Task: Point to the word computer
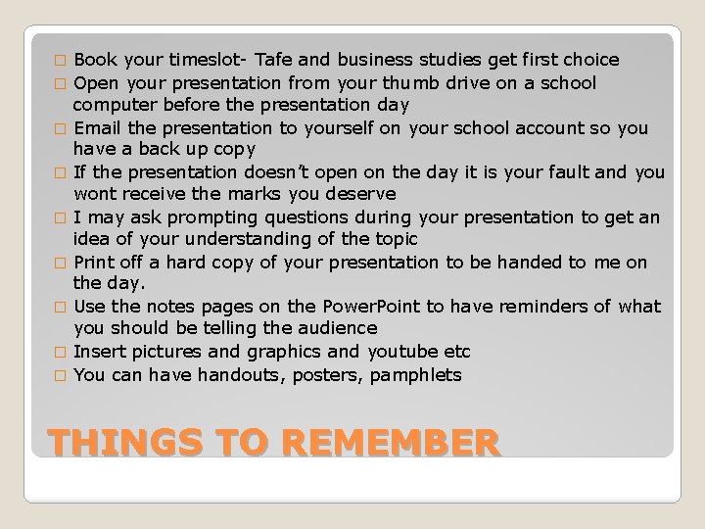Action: pyautogui.click(x=113, y=104)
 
